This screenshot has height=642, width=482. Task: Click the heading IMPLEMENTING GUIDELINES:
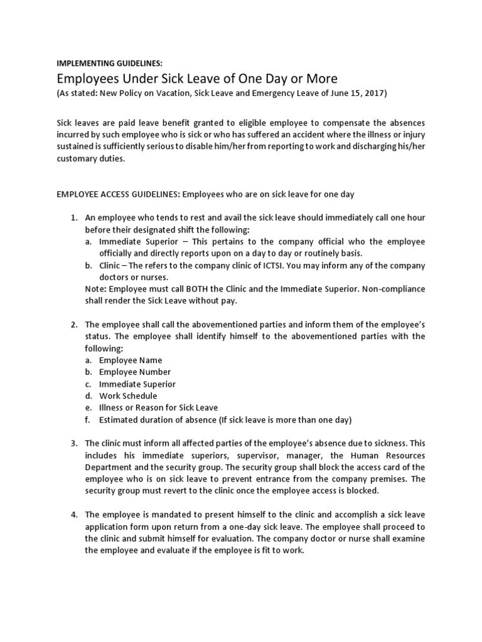click(x=110, y=63)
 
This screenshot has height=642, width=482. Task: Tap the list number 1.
click(x=73, y=218)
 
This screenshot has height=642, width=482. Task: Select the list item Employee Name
click(x=131, y=360)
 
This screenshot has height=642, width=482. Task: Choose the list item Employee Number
click(x=135, y=372)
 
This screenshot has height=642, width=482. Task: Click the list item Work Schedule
click(x=128, y=396)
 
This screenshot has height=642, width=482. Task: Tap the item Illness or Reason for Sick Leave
click(x=159, y=408)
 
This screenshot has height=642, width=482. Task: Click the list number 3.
click(x=73, y=443)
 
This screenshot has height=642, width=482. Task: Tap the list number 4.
click(x=73, y=515)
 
